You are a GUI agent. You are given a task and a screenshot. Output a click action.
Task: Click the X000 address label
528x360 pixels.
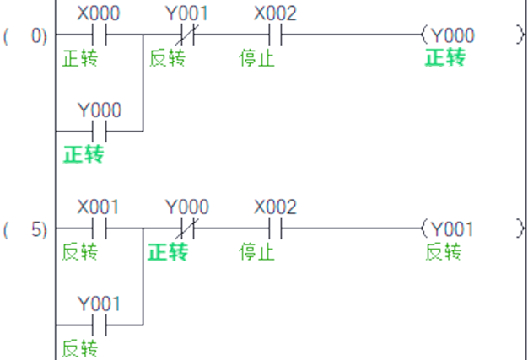click(x=99, y=14)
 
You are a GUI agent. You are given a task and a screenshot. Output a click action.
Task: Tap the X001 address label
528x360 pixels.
click(x=99, y=207)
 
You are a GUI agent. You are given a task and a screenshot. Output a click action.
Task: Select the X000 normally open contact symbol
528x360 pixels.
click(x=99, y=35)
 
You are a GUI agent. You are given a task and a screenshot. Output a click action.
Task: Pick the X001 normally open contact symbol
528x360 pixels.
click(x=99, y=228)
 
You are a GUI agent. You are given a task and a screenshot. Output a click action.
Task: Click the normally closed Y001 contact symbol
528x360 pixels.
click(x=187, y=35)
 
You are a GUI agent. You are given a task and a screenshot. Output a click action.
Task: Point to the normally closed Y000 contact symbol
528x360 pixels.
click(x=187, y=228)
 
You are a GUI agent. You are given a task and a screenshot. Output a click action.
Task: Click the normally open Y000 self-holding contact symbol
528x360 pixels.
click(x=99, y=132)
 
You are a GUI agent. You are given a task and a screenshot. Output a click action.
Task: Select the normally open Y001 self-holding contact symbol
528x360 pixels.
click(x=99, y=325)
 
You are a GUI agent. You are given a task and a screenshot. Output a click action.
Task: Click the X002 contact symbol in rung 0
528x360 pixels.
click(x=275, y=35)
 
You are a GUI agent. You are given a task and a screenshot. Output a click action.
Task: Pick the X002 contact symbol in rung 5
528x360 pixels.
click(x=275, y=228)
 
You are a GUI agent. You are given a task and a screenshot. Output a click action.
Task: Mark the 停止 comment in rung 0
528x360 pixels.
click(x=257, y=58)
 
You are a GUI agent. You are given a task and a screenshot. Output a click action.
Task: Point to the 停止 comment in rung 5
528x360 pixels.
click(x=257, y=251)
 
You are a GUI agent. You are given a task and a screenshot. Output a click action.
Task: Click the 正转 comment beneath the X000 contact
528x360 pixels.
click(x=80, y=58)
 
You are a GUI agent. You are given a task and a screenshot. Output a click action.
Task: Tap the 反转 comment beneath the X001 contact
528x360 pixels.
click(x=80, y=251)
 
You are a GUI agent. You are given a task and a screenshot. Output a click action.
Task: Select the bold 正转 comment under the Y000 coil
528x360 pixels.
click(x=444, y=58)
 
